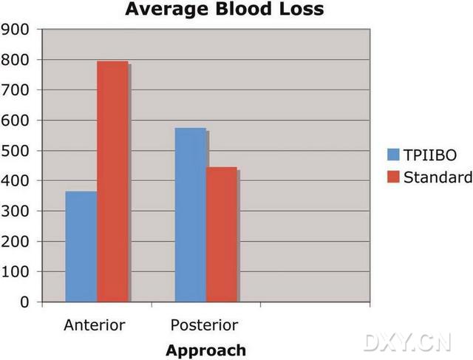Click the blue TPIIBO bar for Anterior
point(81,247)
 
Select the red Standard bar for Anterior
point(113,182)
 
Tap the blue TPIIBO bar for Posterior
point(190,215)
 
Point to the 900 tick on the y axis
point(16,30)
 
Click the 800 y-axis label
point(16,60)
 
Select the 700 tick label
point(16,90)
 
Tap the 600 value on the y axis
point(16,120)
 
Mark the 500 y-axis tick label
point(16,151)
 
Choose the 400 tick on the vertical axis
point(16,181)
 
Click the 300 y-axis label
point(16,211)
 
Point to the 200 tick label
point(16,242)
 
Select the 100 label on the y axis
point(16,272)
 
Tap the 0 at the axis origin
point(24,302)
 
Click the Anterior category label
point(95,325)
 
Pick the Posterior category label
point(205,325)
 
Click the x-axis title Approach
point(205,349)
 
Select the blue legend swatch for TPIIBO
point(392,154)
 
